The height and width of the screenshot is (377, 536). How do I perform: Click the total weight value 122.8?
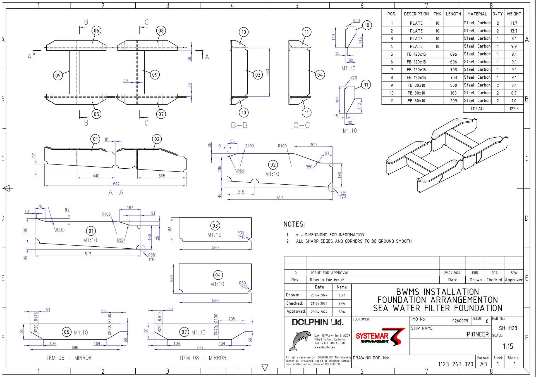pos(514,109)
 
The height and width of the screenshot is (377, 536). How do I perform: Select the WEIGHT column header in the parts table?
pos(514,14)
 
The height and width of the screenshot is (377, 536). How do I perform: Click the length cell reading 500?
pos(453,85)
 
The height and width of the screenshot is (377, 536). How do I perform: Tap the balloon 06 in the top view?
pos(96,31)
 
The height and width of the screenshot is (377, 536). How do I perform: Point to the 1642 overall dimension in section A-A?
pos(115,184)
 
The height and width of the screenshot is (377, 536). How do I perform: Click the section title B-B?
pos(239,125)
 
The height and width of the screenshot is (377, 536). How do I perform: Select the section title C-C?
pos(301,125)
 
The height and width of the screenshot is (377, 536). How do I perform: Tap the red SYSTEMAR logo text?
pos(372,336)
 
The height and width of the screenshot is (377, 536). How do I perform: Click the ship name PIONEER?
pos(478,334)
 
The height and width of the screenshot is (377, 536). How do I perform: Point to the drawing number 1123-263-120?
pos(456,364)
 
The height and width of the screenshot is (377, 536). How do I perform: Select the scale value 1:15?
pos(508,347)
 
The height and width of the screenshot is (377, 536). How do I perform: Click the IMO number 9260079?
pos(460,321)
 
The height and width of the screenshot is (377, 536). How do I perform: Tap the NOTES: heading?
pos(294,224)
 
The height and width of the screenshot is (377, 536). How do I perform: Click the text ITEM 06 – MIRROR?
pos(68,358)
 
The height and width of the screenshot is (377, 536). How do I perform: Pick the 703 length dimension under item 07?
pos(200,347)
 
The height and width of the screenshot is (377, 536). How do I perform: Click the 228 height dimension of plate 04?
pos(171,278)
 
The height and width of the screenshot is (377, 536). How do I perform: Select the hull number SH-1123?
pos(508,328)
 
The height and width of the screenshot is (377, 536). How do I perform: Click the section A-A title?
pos(116,192)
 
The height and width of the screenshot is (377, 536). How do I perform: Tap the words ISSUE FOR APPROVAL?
pos(330,273)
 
